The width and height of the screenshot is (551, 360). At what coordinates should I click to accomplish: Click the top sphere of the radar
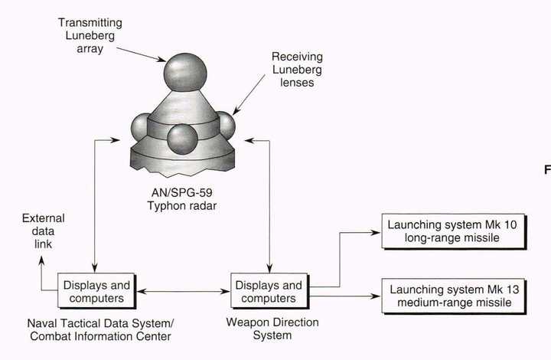click(x=185, y=73)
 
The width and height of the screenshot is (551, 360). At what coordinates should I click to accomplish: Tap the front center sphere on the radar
click(x=181, y=139)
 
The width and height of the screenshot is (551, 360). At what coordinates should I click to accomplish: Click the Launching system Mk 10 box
click(x=454, y=231)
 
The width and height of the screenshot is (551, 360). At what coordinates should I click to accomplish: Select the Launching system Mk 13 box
click(x=454, y=296)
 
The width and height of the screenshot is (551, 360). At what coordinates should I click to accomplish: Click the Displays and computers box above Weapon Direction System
click(x=269, y=291)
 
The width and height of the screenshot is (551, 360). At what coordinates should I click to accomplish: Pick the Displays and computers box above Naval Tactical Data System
click(x=96, y=291)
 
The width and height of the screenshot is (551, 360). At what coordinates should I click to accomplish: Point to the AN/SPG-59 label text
click(x=181, y=193)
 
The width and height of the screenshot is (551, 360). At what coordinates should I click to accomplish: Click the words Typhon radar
click(x=181, y=206)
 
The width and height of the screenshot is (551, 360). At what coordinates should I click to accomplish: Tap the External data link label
click(x=43, y=231)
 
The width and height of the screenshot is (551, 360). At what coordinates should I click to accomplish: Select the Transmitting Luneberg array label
click(x=90, y=35)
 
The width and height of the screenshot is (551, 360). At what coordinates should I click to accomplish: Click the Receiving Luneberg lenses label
click(x=297, y=69)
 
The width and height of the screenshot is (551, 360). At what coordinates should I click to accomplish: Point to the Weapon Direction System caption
click(x=272, y=329)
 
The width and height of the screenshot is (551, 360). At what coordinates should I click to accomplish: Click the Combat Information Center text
click(x=100, y=336)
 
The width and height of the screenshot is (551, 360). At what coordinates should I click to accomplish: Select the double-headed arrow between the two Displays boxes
click(x=183, y=291)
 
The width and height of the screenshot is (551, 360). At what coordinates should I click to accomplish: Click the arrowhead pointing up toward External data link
click(x=41, y=261)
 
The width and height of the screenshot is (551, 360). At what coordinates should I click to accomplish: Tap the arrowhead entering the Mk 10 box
click(x=376, y=232)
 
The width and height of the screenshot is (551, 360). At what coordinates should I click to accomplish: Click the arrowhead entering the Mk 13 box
click(x=376, y=296)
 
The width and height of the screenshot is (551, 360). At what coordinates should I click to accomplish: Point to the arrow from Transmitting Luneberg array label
click(x=141, y=54)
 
